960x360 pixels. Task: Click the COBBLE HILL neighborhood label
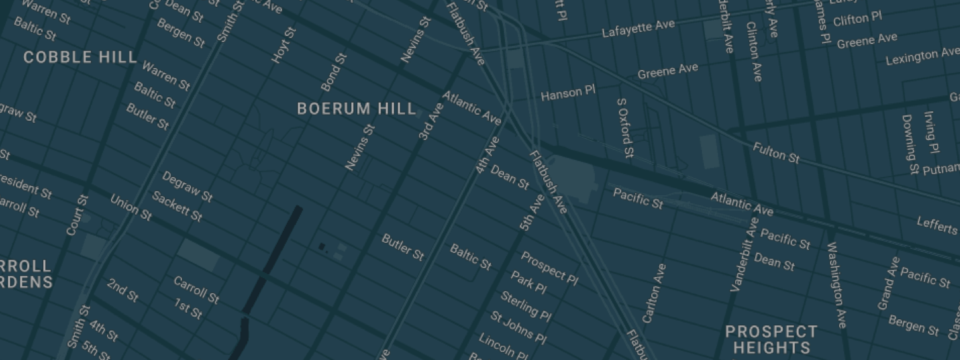click(80, 57)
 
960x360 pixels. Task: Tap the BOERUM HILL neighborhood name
click(357, 109)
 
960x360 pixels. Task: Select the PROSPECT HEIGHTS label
click(771, 339)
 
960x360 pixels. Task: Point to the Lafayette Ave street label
click(638, 29)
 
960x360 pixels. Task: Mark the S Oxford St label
click(625, 129)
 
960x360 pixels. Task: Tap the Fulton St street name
click(776, 153)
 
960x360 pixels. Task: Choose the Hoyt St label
click(283, 45)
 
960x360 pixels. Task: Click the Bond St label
click(334, 73)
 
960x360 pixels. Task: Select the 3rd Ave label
click(431, 122)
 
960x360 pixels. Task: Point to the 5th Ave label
click(532, 213)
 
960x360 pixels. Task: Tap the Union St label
click(131, 207)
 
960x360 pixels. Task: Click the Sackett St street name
click(177, 207)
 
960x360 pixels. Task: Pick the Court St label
click(77, 215)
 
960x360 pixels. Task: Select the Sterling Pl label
click(525, 306)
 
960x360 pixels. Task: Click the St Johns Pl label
click(518, 327)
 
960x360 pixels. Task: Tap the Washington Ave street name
click(837, 285)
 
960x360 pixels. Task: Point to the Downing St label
click(909, 145)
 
